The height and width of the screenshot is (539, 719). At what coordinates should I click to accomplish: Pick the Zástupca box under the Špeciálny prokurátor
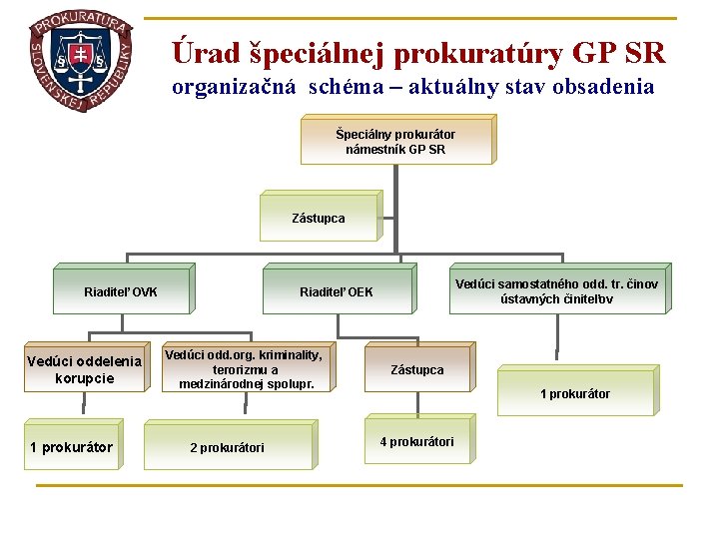click(319, 218)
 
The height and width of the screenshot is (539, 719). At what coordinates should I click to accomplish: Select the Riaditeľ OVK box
click(121, 292)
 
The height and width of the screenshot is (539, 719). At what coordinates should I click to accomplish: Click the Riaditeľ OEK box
click(337, 292)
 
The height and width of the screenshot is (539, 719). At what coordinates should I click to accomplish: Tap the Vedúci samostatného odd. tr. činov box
click(556, 290)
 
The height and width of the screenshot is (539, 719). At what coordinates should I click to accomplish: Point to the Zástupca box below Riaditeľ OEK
click(416, 370)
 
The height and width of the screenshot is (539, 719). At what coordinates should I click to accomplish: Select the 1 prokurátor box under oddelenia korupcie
click(71, 447)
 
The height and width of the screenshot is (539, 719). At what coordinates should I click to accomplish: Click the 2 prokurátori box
click(228, 447)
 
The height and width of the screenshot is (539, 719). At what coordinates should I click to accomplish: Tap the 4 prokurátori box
click(416, 441)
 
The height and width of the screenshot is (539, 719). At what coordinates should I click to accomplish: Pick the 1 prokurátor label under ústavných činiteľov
click(574, 394)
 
